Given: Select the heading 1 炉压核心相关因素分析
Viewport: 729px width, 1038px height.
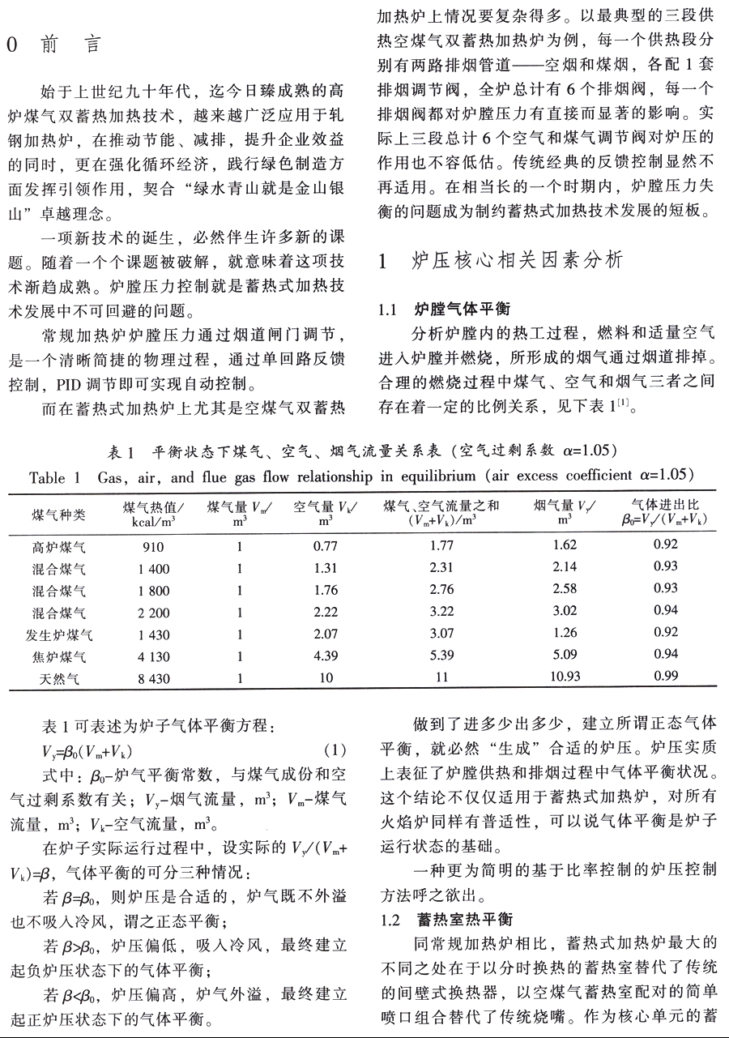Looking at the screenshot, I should pos(501,260).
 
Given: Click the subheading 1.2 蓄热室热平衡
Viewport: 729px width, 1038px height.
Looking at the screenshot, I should pos(446,921).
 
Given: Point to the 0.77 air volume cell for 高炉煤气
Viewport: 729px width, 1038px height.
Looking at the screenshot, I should pos(325,546).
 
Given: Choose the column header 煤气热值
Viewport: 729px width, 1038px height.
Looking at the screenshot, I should pos(153,513).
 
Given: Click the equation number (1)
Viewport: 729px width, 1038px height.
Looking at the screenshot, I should pos(335,749).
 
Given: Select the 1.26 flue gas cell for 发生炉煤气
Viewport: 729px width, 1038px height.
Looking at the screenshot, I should pos(565,633).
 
